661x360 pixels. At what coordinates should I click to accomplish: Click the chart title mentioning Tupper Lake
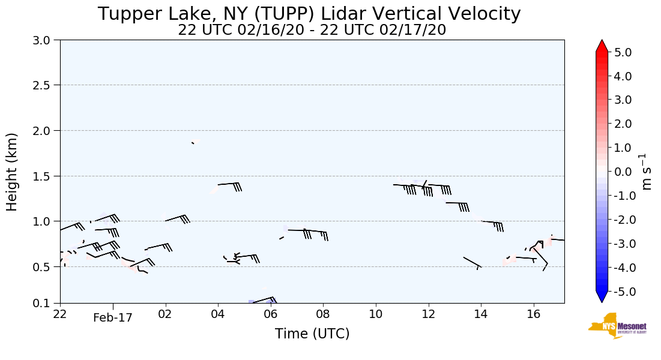pos(309,14)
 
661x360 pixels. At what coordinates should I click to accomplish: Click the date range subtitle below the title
pos(312,30)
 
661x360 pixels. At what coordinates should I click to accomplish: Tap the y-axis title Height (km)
pos(13,172)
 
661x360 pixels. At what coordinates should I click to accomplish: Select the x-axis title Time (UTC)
pos(312,334)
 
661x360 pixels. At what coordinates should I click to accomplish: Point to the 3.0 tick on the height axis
pos(45,40)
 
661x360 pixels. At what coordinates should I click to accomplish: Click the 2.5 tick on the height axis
pos(45,85)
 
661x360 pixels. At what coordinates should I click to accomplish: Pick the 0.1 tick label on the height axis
pos(45,304)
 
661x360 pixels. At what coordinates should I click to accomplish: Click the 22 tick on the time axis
pos(60,314)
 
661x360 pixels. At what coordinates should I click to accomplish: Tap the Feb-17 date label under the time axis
pos(112,319)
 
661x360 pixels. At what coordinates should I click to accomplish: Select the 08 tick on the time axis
pos(323,314)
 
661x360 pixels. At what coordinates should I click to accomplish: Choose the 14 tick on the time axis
pos(481,314)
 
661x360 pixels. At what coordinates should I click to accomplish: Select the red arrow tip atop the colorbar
pos(602,46)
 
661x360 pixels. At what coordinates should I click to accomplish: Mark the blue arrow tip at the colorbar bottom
pos(602,297)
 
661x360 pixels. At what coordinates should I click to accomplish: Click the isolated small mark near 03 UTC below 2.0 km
pos(193,143)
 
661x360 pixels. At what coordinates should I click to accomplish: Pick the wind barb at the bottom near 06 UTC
pos(264,300)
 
